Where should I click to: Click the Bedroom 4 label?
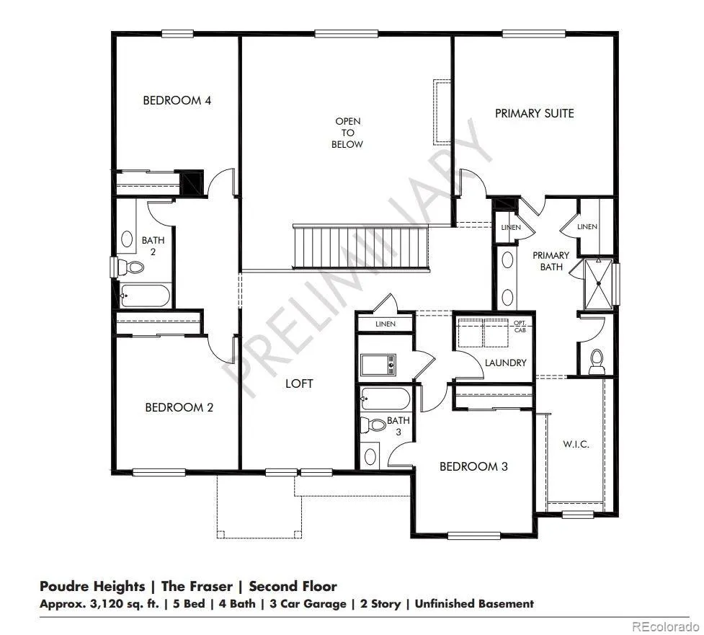pos(177,100)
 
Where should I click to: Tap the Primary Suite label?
pos(534,113)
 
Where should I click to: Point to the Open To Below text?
pos(347,133)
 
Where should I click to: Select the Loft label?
pos(299,383)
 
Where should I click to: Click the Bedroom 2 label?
pos(179,407)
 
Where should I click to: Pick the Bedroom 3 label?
pos(473,466)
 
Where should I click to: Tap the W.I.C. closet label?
pos(576,444)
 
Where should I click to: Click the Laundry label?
pos(506,363)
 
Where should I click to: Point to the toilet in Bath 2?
pos(130,267)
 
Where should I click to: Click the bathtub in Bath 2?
pos(145,296)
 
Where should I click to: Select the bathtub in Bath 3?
pos(386,399)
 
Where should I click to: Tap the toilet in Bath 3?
pos(373,425)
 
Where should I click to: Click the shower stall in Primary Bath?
pos(598,284)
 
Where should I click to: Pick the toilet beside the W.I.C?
pos(596,362)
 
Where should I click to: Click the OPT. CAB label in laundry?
pos(520,327)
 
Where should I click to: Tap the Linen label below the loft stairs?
pos(386,324)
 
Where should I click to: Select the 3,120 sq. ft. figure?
pos(125,604)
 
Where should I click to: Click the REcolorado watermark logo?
pos(665,626)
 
